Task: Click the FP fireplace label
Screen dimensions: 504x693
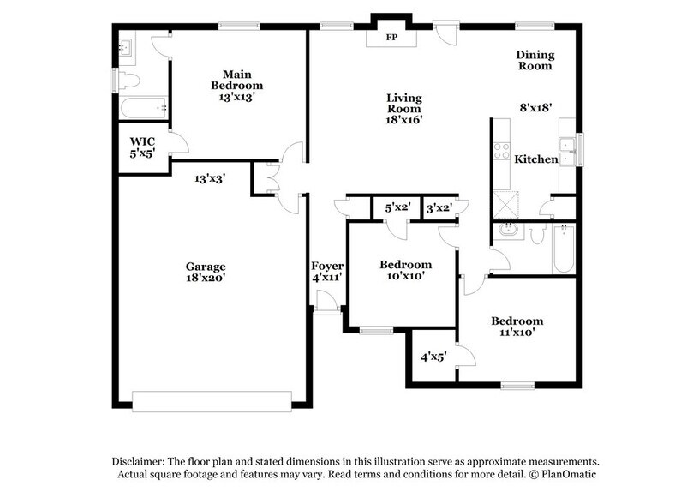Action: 391,39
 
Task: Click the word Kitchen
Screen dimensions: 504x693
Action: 535,159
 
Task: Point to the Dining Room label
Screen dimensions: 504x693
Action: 534,60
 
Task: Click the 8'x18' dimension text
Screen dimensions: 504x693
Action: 535,108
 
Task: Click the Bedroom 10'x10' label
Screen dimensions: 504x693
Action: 405,270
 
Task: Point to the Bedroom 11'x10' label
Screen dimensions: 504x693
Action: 517,327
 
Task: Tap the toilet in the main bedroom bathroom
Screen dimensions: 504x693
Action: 128,81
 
